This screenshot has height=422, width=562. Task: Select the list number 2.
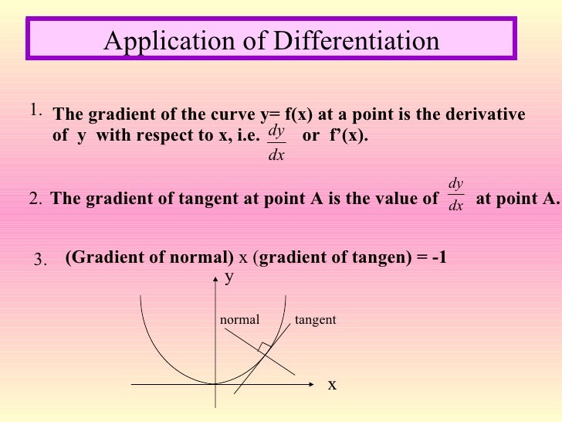(x=35, y=199)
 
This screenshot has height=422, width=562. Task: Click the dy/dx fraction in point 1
(x=276, y=143)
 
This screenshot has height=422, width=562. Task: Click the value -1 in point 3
(x=438, y=258)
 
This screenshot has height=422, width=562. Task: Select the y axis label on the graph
(x=229, y=280)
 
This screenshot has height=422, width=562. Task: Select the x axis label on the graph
(x=332, y=384)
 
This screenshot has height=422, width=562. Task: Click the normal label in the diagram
(x=239, y=319)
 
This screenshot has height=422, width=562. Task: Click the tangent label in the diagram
(x=315, y=319)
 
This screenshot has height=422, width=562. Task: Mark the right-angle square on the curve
(x=265, y=348)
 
